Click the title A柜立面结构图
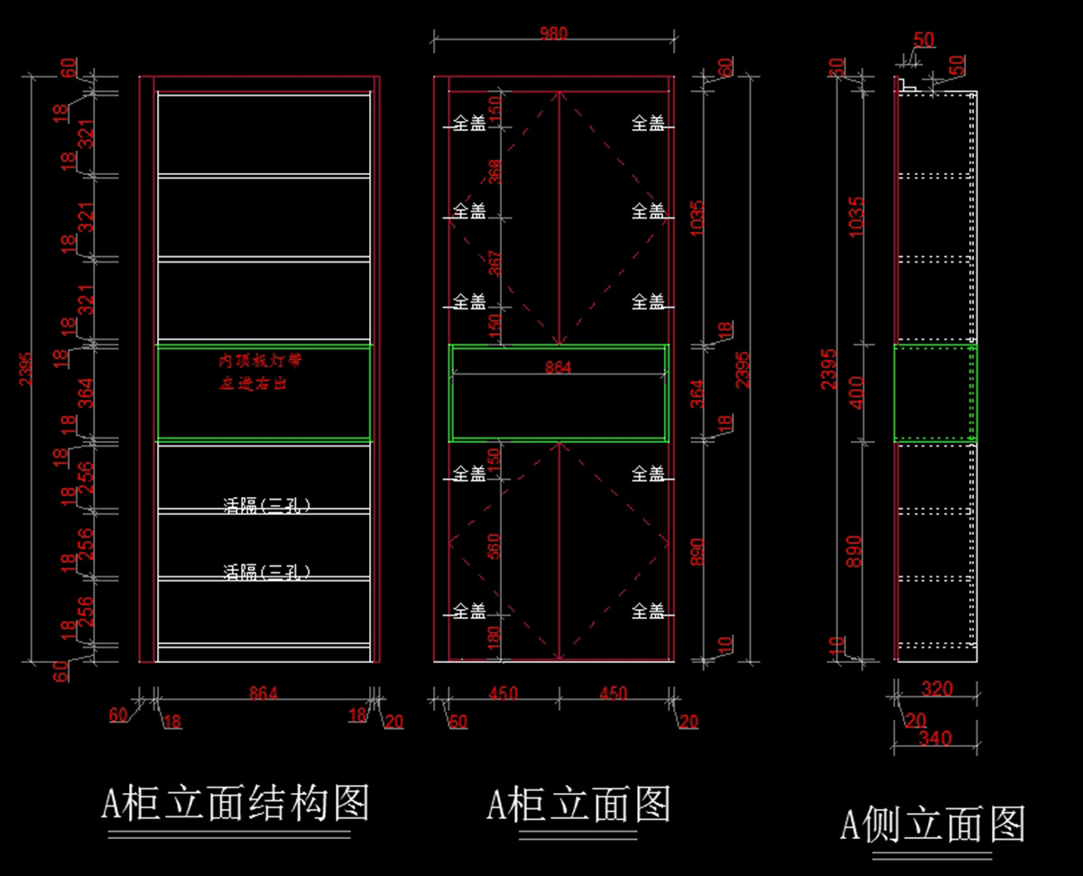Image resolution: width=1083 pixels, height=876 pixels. pos(236,802)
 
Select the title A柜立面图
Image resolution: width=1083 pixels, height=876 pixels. pos(579,802)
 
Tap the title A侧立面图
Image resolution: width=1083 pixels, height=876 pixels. pos(933,822)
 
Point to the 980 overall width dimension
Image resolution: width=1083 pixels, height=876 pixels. pos(553,33)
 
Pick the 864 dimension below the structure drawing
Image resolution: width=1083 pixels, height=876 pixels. pos(264,693)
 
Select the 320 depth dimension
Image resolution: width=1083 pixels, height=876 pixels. pos(936,689)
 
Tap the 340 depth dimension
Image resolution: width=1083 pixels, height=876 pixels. pos(934,738)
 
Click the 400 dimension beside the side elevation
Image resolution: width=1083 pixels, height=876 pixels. pos(856,392)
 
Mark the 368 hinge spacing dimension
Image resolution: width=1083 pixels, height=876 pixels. pos(494,171)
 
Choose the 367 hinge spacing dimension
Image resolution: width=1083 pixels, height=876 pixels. pos(494,263)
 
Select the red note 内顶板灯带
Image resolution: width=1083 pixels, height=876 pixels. pos(260,361)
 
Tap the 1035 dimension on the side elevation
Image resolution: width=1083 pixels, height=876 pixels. pos(856,217)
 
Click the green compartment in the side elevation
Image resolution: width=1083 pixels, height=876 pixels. pos(935,393)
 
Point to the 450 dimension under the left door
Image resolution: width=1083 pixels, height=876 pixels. pos(503,693)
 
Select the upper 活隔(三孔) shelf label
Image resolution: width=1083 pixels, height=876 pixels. pos(267,505)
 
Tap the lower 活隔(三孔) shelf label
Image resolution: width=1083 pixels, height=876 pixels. pos(267,571)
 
